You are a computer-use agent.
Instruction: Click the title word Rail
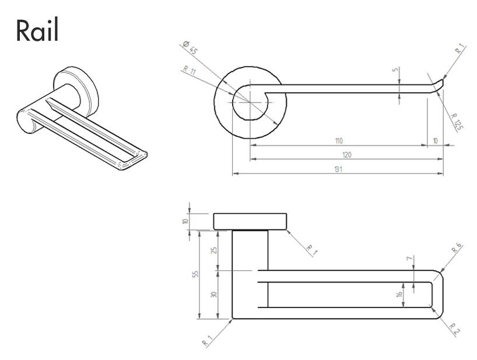coord(37,30)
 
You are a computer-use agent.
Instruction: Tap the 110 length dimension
coord(338,141)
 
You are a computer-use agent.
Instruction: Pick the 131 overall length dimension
coord(338,170)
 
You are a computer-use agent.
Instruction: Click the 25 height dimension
coord(213,250)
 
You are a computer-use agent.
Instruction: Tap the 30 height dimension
coord(213,295)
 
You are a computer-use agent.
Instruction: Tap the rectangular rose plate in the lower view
coord(251,222)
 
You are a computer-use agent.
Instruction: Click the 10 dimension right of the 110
coord(435,141)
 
